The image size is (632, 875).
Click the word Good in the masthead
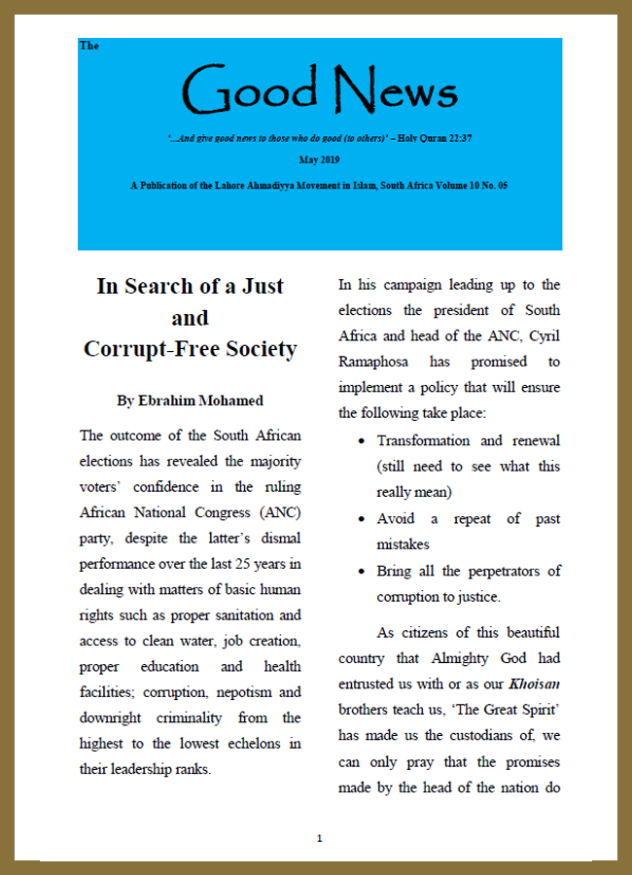coord(251,89)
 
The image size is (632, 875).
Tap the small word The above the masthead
coord(89,46)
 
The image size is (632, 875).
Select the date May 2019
coord(319,157)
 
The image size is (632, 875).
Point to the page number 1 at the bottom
coord(319,838)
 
